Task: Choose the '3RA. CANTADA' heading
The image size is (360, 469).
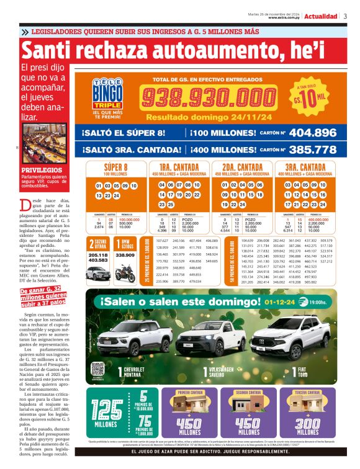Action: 304,167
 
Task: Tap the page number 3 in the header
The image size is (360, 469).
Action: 345,17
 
